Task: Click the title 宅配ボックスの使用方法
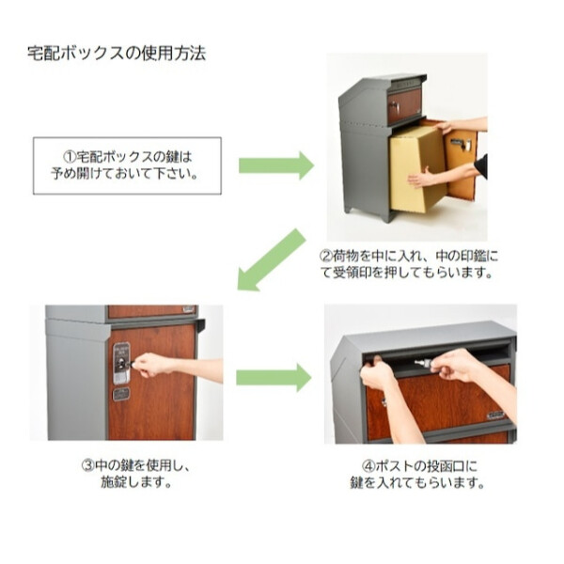[117, 53]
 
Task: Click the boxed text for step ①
[127, 165]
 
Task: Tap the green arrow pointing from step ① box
[274, 165]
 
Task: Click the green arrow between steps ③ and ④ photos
[273, 377]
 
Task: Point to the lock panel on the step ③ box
[121, 363]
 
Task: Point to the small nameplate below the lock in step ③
[121, 394]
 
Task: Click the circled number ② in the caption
[326, 255]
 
